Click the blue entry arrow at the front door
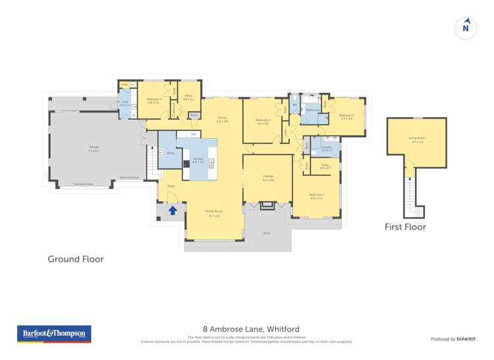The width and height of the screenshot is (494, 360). pyautogui.click(x=173, y=211)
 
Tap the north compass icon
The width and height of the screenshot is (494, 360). pyautogui.click(x=466, y=28)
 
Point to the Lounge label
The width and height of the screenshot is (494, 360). pyautogui.click(x=268, y=178)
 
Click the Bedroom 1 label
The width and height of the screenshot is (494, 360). pyautogui.click(x=316, y=195)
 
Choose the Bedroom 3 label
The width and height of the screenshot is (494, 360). pyautogui.click(x=263, y=121)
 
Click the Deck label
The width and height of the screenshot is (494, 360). pyautogui.click(x=266, y=232)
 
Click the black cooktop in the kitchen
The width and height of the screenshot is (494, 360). pyautogui.click(x=187, y=164)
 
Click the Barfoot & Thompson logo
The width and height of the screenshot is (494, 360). pyautogui.click(x=54, y=334)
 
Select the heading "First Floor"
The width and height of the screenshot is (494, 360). pyautogui.click(x=405, y=227)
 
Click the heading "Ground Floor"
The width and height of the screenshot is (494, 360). pyautogui.click(x=76, y=259)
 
